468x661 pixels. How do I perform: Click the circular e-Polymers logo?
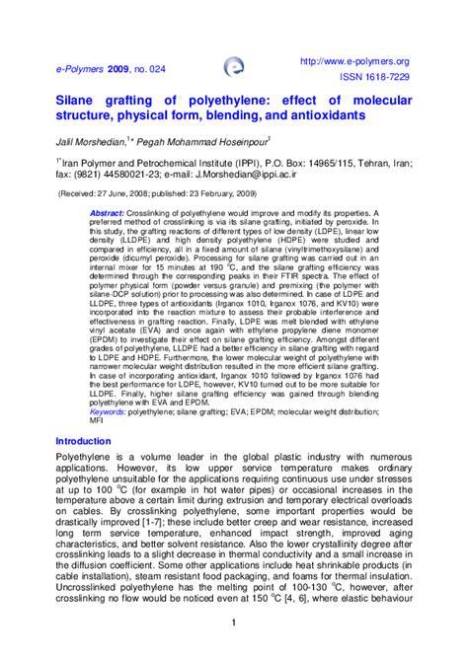pos(233,67)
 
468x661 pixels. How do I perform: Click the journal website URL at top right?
pos(352,61)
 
